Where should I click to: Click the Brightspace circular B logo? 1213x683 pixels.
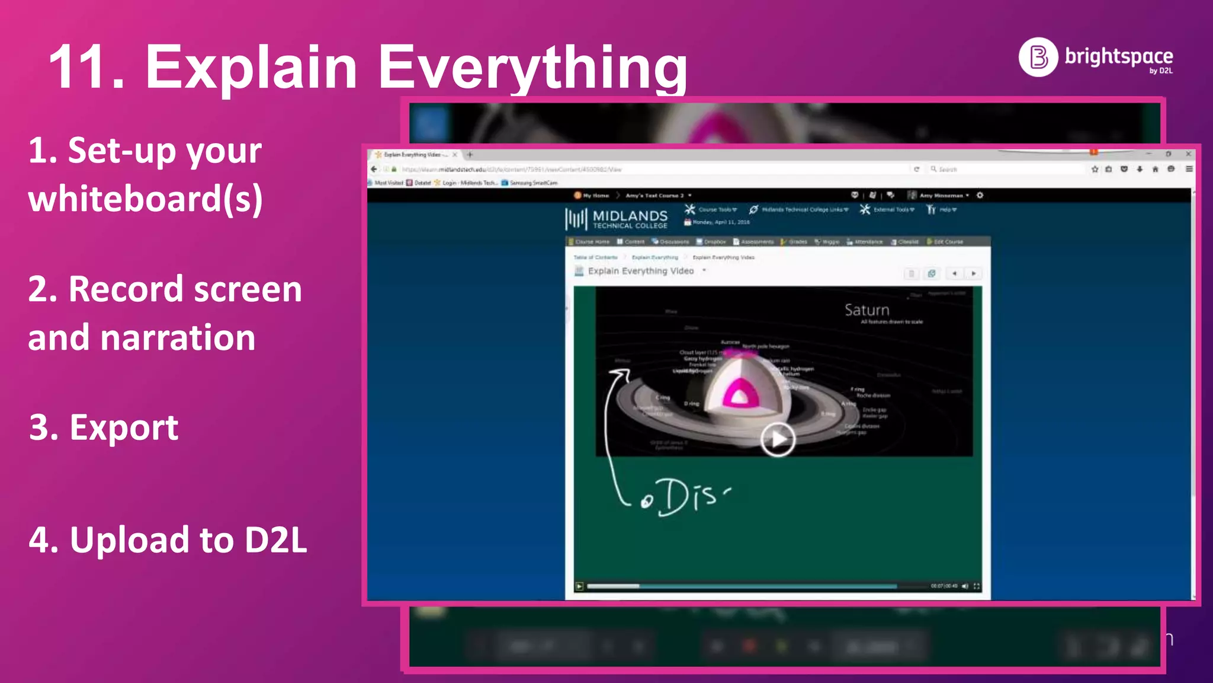point(1038,58)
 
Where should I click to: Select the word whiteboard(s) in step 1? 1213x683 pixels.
point(145,199)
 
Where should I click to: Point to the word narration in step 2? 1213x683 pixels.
point(178,338)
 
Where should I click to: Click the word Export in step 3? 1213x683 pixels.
point(124,427)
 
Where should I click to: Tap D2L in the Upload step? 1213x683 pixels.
point(276,540)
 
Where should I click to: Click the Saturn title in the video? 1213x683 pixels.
point(867,310)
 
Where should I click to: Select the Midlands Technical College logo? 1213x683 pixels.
point(617,219)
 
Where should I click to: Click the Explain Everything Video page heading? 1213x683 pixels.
point(640,271)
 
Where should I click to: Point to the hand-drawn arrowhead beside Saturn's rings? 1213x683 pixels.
point(621,373)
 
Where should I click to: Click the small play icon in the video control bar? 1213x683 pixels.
point(579,586)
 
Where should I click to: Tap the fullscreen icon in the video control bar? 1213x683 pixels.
point(977,586)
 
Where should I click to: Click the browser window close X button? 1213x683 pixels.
point(1188,154)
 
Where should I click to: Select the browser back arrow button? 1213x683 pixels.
point(374,169)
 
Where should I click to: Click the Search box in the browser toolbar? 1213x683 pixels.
point(1007,169)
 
